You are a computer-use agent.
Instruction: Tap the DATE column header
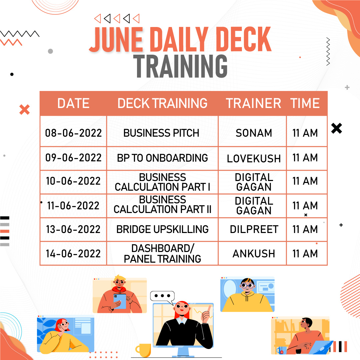point(73,103)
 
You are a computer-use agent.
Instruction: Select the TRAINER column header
point(253,103)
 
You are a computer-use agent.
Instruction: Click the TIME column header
point(305,103)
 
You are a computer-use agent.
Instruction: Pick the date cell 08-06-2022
point(73,133)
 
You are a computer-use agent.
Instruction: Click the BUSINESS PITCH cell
point(161,133)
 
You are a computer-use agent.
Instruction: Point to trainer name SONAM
point(254,133)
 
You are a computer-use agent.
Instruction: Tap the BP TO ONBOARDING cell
point(162,158)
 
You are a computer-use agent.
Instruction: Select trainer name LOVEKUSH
point(254,159)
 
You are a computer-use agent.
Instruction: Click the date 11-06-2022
point(73,206)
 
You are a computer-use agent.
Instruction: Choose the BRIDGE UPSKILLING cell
point(162,229)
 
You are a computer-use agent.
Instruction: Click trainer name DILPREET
point(254,229)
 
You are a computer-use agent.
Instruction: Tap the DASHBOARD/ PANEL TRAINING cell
point(162,253)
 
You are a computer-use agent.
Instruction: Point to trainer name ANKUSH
point(254,254)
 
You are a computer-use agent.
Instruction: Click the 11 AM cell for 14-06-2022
point(305,254)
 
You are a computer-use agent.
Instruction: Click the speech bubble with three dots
point(162,296)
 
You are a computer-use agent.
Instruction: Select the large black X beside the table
point(337,128)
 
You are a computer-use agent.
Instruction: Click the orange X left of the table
point(24,109)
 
